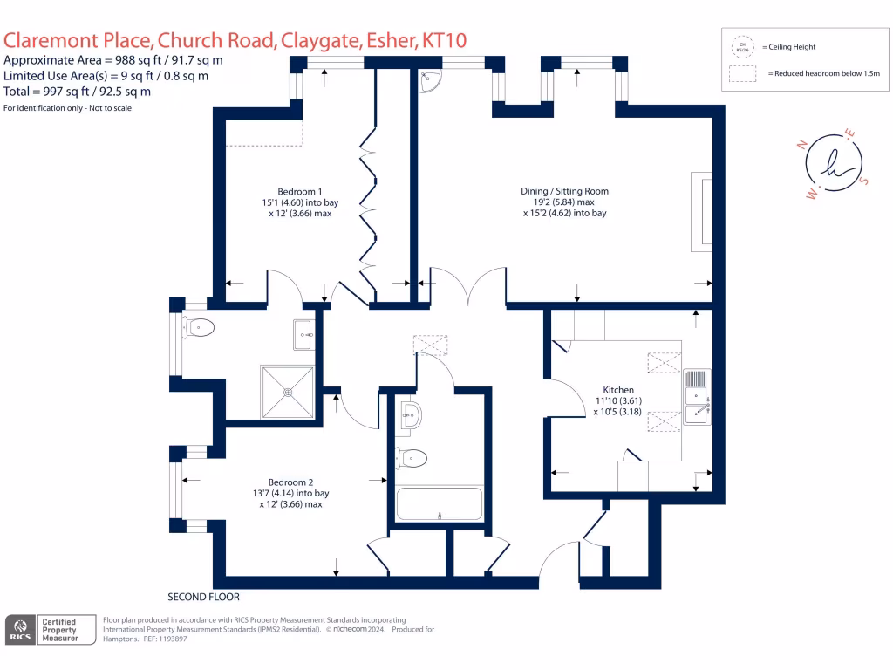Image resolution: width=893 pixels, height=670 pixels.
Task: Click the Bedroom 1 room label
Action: (x=300, y=191)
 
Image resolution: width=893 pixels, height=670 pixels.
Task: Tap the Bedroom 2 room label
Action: (x=290, y=482)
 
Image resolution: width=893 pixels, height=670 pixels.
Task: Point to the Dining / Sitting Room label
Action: (x=564, y=191)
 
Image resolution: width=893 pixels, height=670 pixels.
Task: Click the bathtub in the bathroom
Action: (x=439, y=505)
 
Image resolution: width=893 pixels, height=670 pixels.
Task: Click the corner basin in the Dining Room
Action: (x=431, y=80)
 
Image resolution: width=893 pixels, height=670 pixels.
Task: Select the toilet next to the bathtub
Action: (x=412, y=457)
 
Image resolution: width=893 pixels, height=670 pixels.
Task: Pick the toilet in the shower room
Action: (x=199, y=329)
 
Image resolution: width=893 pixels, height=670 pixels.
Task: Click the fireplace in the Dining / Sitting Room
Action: (x=702, y=212)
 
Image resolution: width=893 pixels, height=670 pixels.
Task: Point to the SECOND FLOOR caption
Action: (x=203, y=598)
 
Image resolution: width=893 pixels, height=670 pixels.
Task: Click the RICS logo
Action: (x=21, y=631)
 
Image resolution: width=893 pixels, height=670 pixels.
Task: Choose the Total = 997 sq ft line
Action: (x=77, y=91)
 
